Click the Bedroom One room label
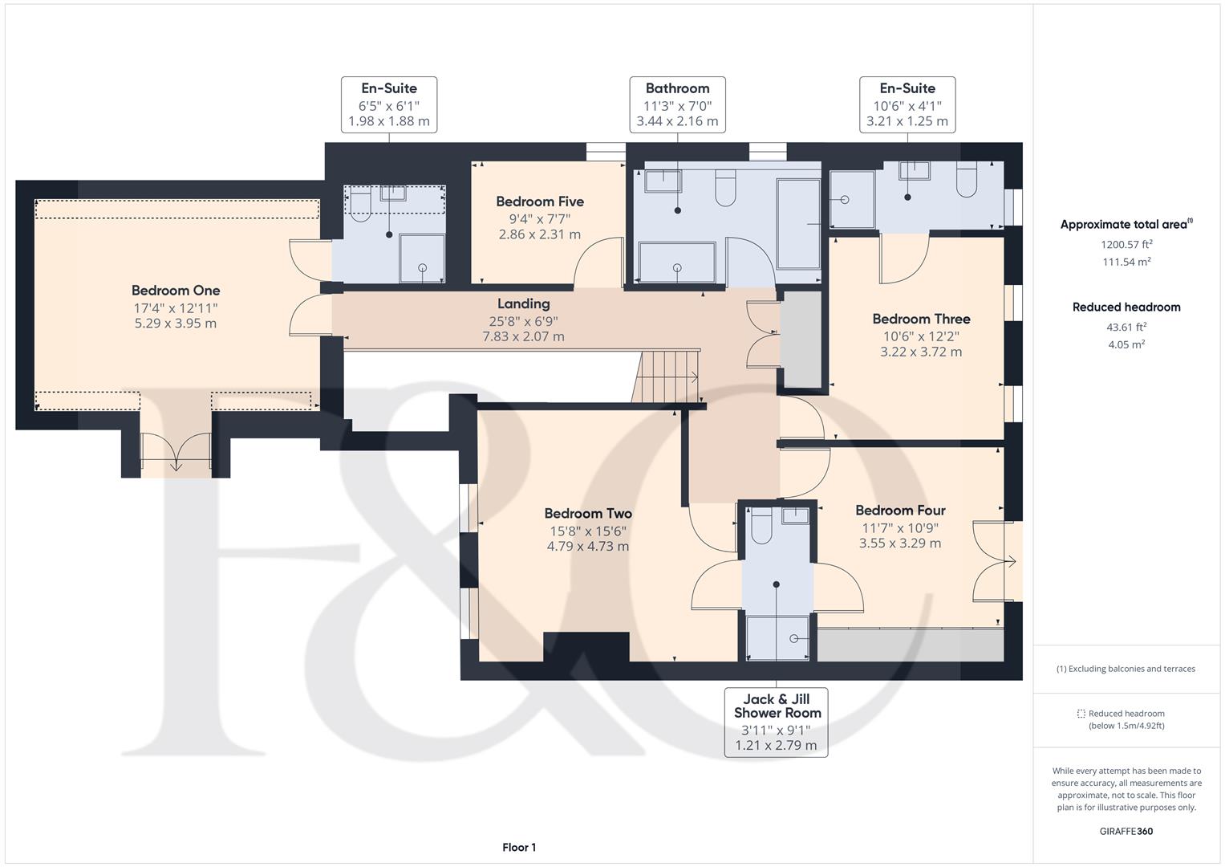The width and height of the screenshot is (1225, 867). pyautogui.click(x=176, y=290)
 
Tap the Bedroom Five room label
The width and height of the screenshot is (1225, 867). pyautogui.click(x=540, y=201)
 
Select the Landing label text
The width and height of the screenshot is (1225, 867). pyautogui.click(x=523, y=303)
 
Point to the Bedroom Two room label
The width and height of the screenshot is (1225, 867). pyautogui.click(x=588, y=514)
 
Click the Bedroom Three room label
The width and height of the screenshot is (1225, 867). pyautogui.click(x=921, y=319)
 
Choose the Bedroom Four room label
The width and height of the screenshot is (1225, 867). pyautogui.click(x=900, y=510)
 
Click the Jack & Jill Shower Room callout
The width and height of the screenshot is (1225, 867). pyautogui.click(x=776, y=722)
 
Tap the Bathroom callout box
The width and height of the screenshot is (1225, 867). pyautogui.click(x=678, y=104)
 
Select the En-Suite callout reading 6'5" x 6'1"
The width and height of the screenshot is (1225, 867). pyautogui.click(x=389, y=104)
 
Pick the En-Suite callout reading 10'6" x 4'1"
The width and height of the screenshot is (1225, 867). pyautogui.click(x=907, y=104)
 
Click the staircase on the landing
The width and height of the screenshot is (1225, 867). pyautogui.click(x=666, y=377)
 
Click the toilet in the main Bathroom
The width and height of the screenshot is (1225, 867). pyautogui.click(x=725, y=189)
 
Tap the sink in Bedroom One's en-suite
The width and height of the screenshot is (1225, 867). pyautogui.click(x=392, y=193)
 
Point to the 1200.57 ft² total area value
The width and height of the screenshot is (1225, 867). pyautogui.click(x=1126, y=244)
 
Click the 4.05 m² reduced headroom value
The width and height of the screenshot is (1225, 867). pyautogui.click(x=1126, y=344)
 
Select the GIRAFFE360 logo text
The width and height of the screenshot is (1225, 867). pyautogui.click(x=1126, y=831)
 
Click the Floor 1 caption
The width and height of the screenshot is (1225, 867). pyautogui.click(x=519, y=847)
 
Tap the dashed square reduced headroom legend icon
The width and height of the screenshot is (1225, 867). pyautogui.click(x=1081, y=714)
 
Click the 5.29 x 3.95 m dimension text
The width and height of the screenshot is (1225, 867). pyautogui.click(x=176, y=323)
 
